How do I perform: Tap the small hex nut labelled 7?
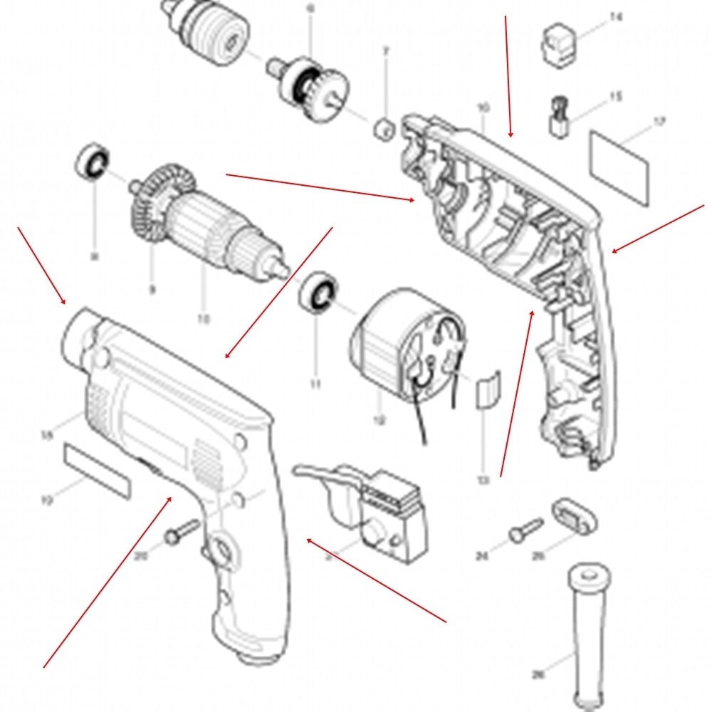point(384,129)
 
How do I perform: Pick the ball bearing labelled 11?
point(319,293)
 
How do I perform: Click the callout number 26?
point(539,674)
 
